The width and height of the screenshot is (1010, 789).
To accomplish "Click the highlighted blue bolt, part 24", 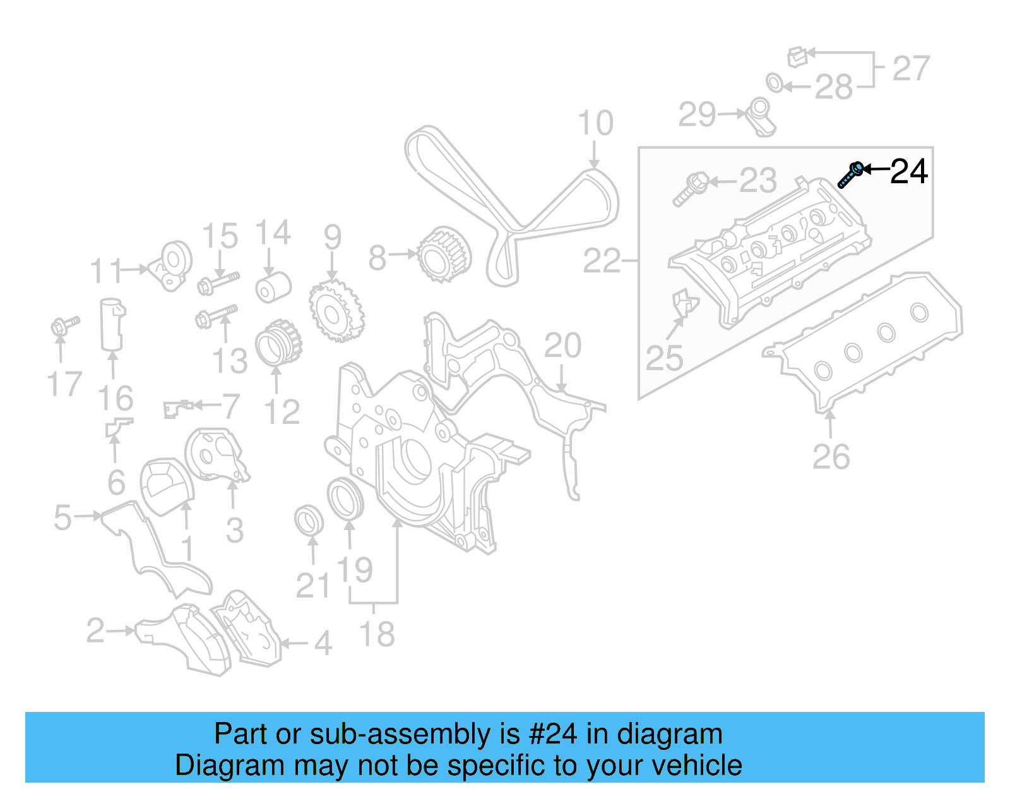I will pos(850,175).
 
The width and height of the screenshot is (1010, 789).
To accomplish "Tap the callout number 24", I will pos(908,172).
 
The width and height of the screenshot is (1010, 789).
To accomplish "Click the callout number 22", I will pos(601,261).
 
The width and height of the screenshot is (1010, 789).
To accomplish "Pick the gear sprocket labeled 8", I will pos(444,255).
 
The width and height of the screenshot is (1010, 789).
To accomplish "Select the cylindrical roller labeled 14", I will pos(273,288).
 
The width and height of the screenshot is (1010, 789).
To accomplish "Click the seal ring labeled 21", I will pos(309,519).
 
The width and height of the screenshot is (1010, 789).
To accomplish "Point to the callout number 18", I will pos(377,634).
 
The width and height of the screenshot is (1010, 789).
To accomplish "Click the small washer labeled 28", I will pos(774,82).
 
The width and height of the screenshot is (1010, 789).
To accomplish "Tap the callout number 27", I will pos(911,68).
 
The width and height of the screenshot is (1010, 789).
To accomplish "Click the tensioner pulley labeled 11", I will pos(172,265).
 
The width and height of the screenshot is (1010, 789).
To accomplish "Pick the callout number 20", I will pos(562,346).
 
